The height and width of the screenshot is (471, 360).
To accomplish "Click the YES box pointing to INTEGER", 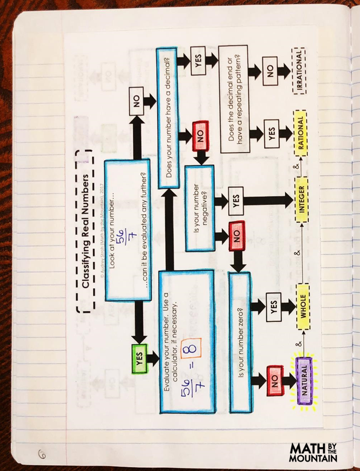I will point(236,199).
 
